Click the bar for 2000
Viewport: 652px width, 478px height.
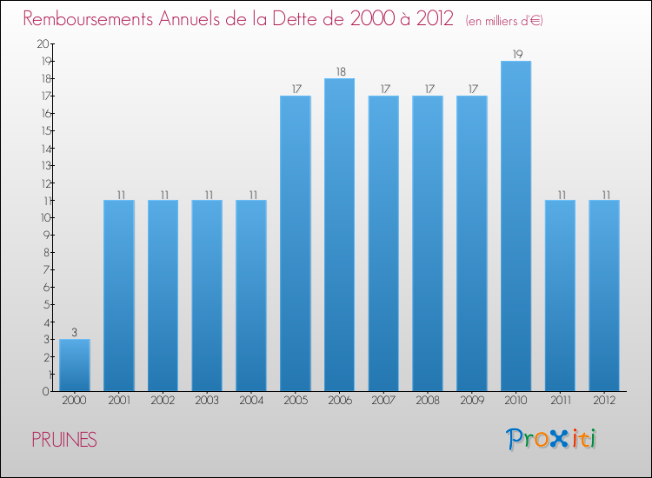coord(75,365)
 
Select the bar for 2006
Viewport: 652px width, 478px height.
coord(339,235)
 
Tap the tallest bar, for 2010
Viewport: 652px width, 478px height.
coord(516,226)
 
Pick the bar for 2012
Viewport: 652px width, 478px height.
coord(604,295)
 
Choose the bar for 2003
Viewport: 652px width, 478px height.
coord(207,295)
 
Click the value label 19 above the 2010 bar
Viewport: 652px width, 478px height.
coord(516,54)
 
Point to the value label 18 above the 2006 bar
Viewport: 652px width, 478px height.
coord(339,71)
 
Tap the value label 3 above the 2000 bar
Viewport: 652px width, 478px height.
coord(75,332)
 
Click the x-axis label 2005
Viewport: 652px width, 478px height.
coord(295,401)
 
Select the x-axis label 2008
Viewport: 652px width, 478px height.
coord(428,401)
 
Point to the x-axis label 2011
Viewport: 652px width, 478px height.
coord(560,401)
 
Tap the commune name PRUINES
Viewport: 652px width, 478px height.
coord(64,440)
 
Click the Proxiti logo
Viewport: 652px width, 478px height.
coord(551,439)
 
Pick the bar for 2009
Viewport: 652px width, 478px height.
coord(472,243)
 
